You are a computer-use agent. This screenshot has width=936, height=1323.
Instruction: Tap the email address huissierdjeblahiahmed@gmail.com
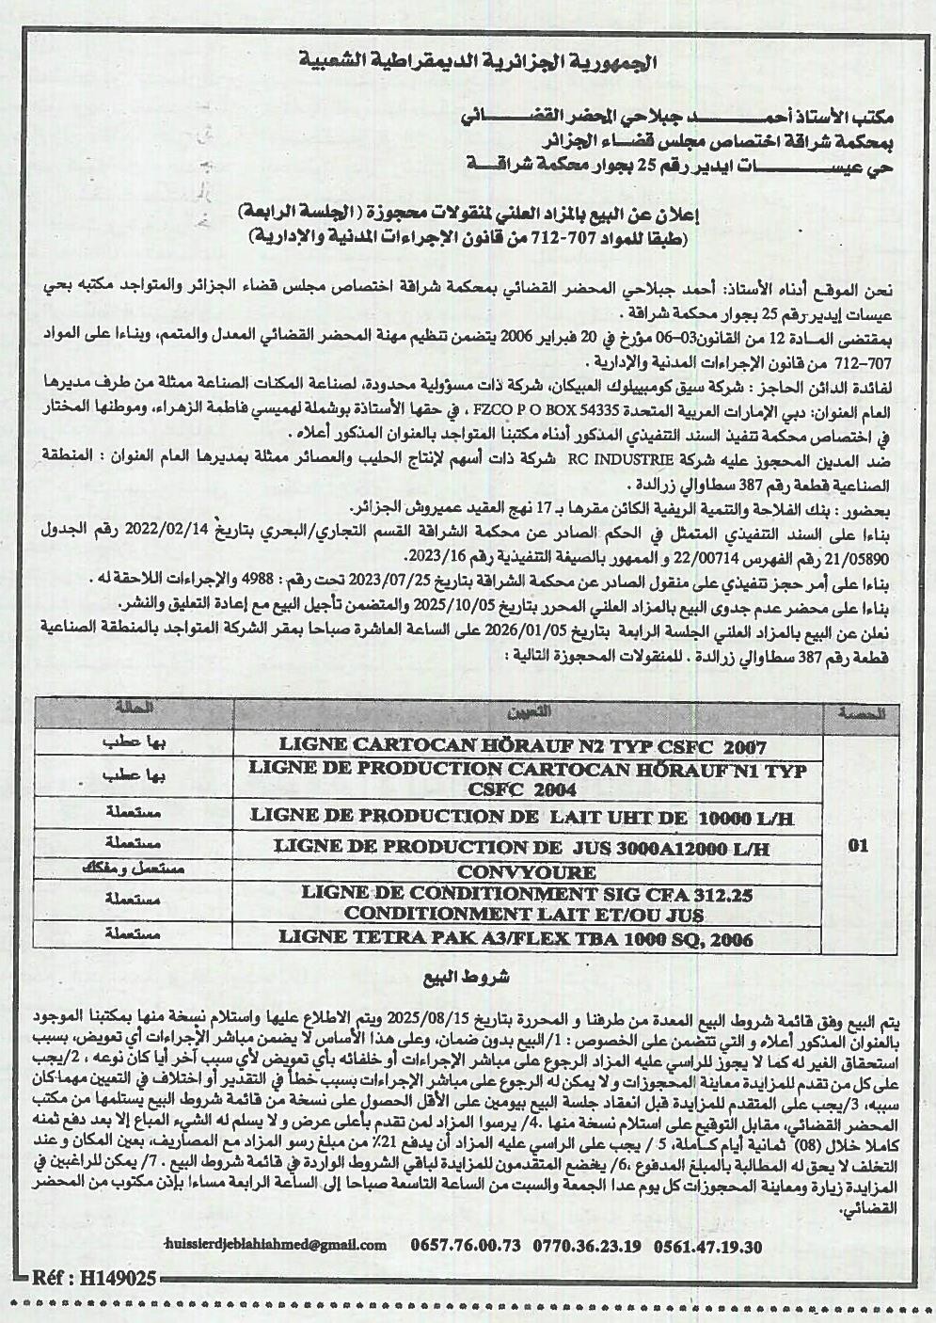click(x=275, y=1245)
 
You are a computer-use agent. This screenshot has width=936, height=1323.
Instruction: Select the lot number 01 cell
click(x=857, y=846)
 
